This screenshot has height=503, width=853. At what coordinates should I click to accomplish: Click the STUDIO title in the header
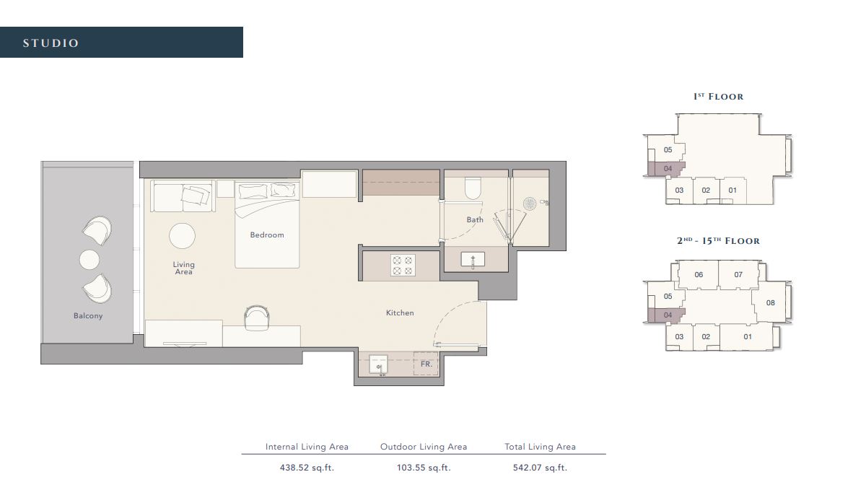click(x=51, y=43)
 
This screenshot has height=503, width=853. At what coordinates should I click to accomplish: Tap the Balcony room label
click(x=88, y=315)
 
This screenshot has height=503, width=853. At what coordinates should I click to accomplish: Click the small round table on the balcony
click(x=89, y=259)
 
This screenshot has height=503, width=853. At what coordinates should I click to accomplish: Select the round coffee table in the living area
click(x=182, y=236)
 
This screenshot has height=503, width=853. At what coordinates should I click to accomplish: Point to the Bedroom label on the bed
click(x=267, y=235)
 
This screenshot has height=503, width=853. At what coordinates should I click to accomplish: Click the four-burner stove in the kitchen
click(x=402, y=265)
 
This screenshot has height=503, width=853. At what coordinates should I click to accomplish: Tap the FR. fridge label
click(x=426, y=364)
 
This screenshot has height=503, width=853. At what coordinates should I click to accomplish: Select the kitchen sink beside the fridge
click(x=378, y=364)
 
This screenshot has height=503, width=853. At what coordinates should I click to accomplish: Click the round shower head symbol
click(x=530, y=204)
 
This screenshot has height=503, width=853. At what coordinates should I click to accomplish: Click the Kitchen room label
click(x=400, y=312)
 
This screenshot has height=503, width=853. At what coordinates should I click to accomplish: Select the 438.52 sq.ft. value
click(x=307, y=467)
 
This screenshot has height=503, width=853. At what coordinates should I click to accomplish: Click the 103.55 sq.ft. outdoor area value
click(x=424, y=467)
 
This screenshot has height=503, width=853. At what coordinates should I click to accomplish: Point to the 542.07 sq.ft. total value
click(x=540, y=467)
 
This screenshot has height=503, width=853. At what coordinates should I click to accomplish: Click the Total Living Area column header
click(x=540, y=447)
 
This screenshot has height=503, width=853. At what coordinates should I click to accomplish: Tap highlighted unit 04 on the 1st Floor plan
click(x=668, y=169)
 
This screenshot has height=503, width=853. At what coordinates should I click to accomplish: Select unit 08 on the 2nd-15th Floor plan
click(x=770, y=303)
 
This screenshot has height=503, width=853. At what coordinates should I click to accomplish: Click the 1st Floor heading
click(x=717, y=96)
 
